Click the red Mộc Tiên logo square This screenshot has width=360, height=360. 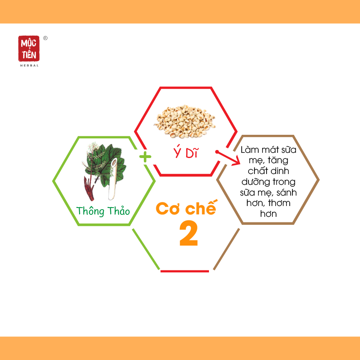coord(29,48)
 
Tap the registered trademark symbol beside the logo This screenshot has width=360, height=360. coord(46,38)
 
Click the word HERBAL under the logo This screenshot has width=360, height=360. coord(30,66)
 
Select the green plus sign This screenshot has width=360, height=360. coord(145,157)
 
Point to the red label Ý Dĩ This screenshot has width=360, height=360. coord(185,153)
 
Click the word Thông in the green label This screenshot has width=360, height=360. coord(90,211)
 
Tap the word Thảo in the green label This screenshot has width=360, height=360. coord(119,211)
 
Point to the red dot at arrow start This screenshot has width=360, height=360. coord(217,152)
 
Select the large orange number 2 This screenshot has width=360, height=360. coord(189,233)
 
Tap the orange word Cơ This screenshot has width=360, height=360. coord(167,208)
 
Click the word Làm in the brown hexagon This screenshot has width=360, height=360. coord(250,150)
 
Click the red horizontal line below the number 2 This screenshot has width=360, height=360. coord(185,271)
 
